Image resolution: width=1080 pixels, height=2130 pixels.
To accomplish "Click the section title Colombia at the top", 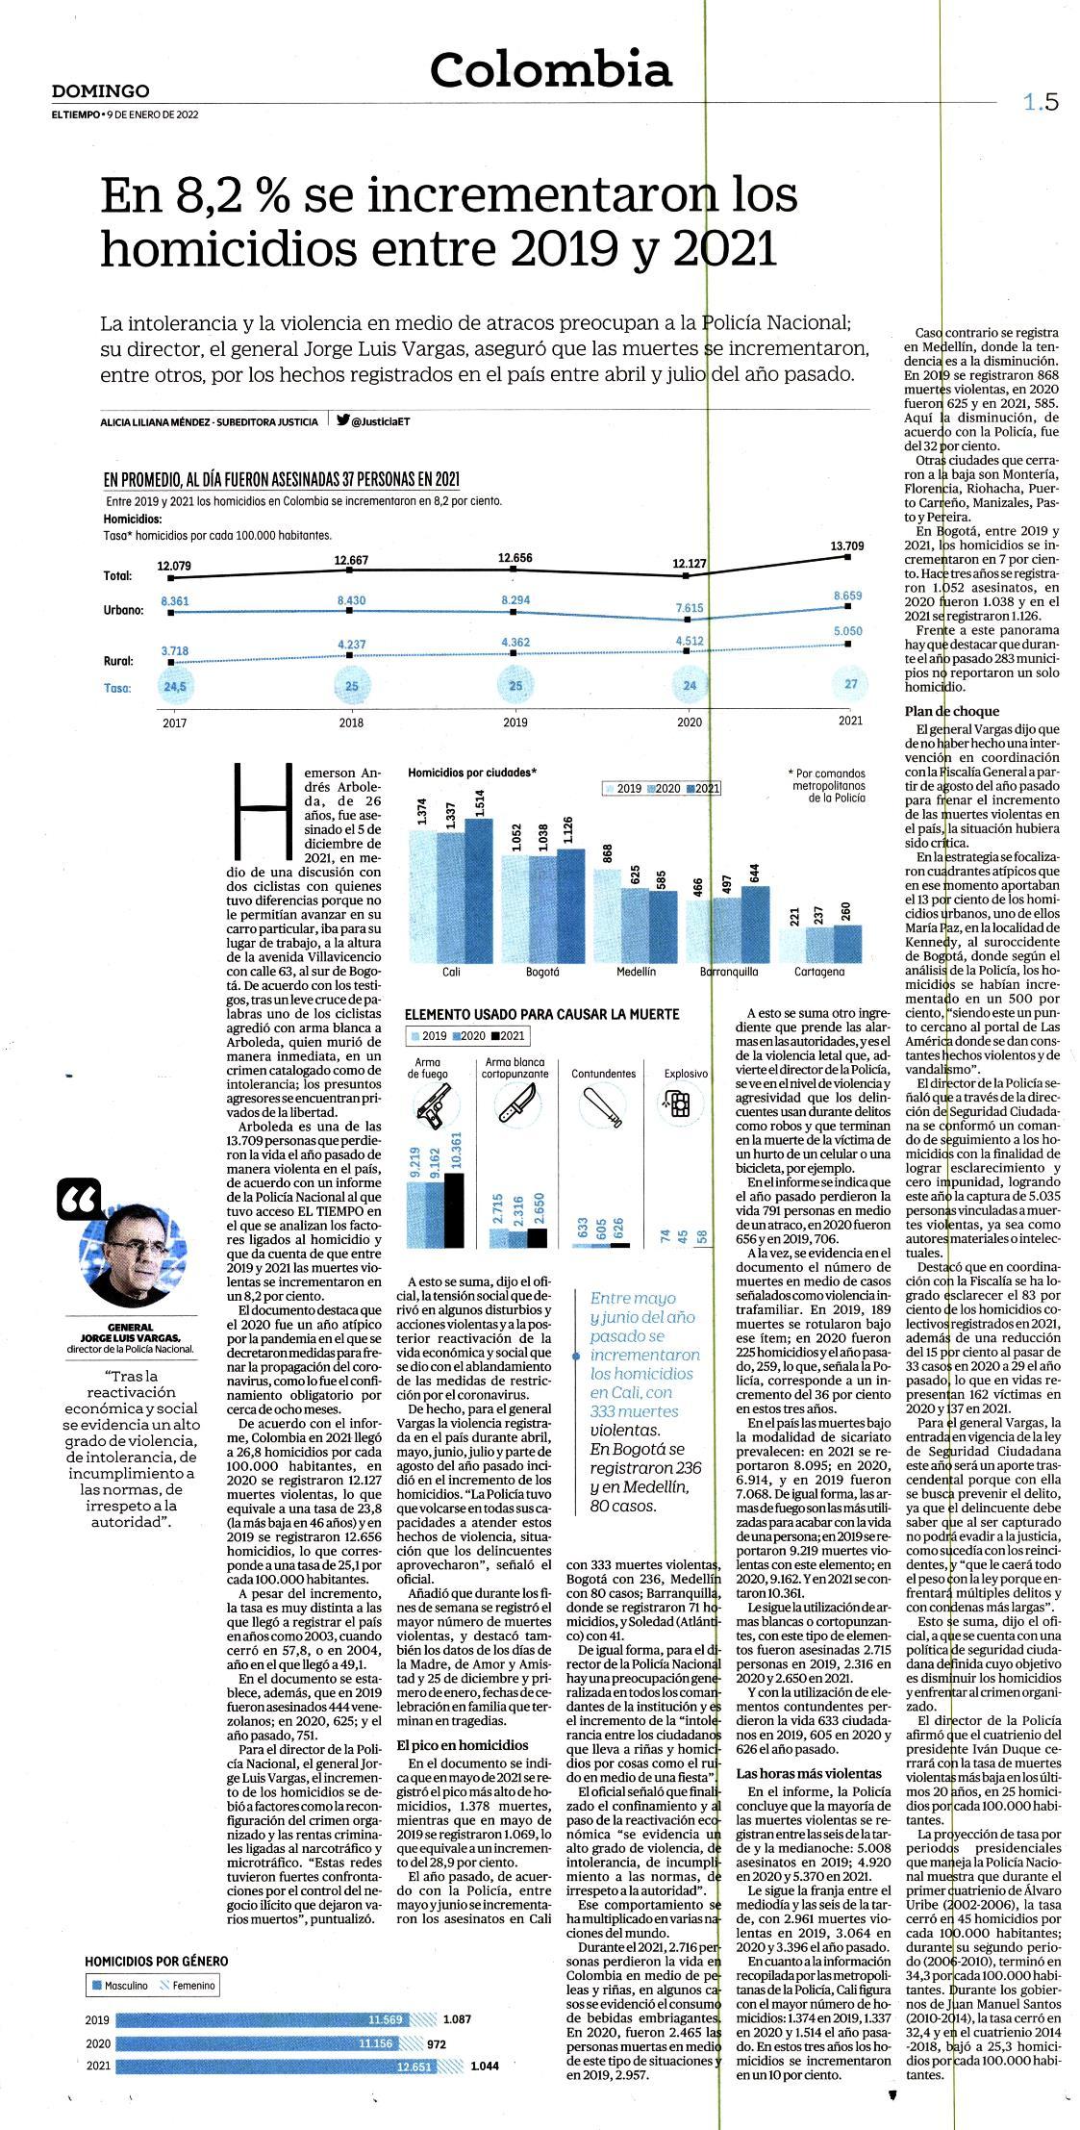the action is click(x=550, y=70).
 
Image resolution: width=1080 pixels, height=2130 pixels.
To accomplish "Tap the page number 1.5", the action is click(x=1041, y=102).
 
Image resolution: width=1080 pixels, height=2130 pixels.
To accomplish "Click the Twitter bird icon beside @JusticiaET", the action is click(x=342, y=419).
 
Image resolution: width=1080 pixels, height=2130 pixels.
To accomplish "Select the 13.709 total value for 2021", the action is click(x=847, y=545).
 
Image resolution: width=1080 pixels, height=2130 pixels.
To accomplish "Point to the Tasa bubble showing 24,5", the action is click(x=174, y=687).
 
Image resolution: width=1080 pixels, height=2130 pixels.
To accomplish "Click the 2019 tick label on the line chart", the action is click(x=515, y=723).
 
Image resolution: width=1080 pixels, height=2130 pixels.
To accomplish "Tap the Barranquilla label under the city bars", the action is click(x=728, y=972).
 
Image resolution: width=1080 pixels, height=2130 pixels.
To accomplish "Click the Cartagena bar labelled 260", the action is click(x=848, y=943).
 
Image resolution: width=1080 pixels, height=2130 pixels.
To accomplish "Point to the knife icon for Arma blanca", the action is click(x=511, y=1103).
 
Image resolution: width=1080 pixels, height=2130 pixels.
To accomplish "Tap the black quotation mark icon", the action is click(x=79, y=1198).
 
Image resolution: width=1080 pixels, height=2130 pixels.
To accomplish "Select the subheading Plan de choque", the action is click(x=939, y=712).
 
